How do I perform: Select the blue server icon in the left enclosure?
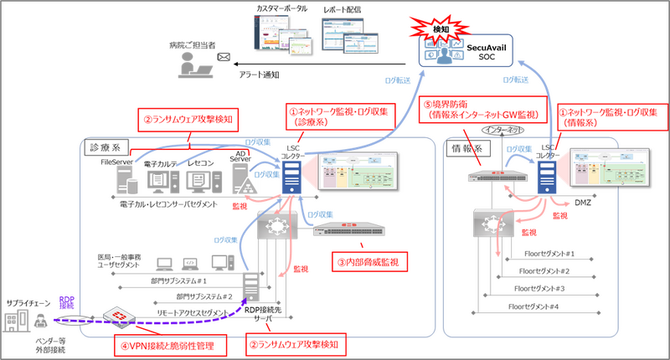pyautogui.click(x=291, y=177)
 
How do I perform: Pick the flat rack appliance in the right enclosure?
pyautogui.click(x=497, y=177)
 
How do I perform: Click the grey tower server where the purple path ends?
pyautogui.click(x=250, y=287)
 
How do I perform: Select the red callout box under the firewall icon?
pyautogui.click(x=171, y=344)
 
